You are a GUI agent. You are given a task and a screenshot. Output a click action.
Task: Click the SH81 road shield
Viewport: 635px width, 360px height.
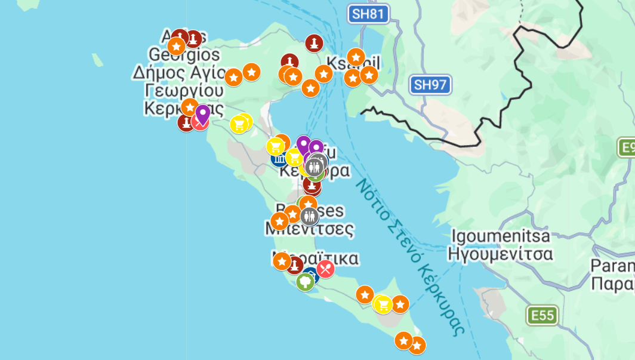click(369, 14)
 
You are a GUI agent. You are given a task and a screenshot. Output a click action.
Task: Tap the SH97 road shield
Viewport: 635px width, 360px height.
click(430, 85)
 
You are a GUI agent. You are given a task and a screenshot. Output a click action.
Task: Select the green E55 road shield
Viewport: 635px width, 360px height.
click(542, 315)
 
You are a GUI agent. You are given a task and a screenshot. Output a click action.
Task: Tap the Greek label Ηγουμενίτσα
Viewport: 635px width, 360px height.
click(500, 254)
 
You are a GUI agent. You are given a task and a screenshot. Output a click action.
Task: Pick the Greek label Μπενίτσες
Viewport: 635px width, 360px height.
click(309, 229)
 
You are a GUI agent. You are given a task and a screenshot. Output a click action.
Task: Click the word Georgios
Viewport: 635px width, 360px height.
click(184, 56)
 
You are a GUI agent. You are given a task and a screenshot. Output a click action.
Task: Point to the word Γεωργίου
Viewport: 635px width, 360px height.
click(184, 91)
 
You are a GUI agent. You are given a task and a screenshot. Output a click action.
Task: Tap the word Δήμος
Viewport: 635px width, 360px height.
click(158, 73)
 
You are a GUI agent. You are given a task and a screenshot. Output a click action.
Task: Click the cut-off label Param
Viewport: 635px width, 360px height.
click(612, 265)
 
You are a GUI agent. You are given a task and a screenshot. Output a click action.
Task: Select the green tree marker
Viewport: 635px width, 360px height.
click(305, 281)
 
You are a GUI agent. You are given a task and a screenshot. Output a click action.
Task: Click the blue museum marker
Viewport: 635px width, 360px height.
click(279, 158)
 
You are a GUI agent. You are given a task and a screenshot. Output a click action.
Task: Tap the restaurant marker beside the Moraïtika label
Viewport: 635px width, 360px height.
click(325, 269)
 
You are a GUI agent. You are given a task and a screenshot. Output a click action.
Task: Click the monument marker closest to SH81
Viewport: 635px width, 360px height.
click(314, 43)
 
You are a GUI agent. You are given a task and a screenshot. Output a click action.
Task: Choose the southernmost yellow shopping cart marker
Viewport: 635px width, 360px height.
click(383, 304)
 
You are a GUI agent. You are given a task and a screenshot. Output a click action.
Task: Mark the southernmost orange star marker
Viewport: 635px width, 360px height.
click(417, 345)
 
